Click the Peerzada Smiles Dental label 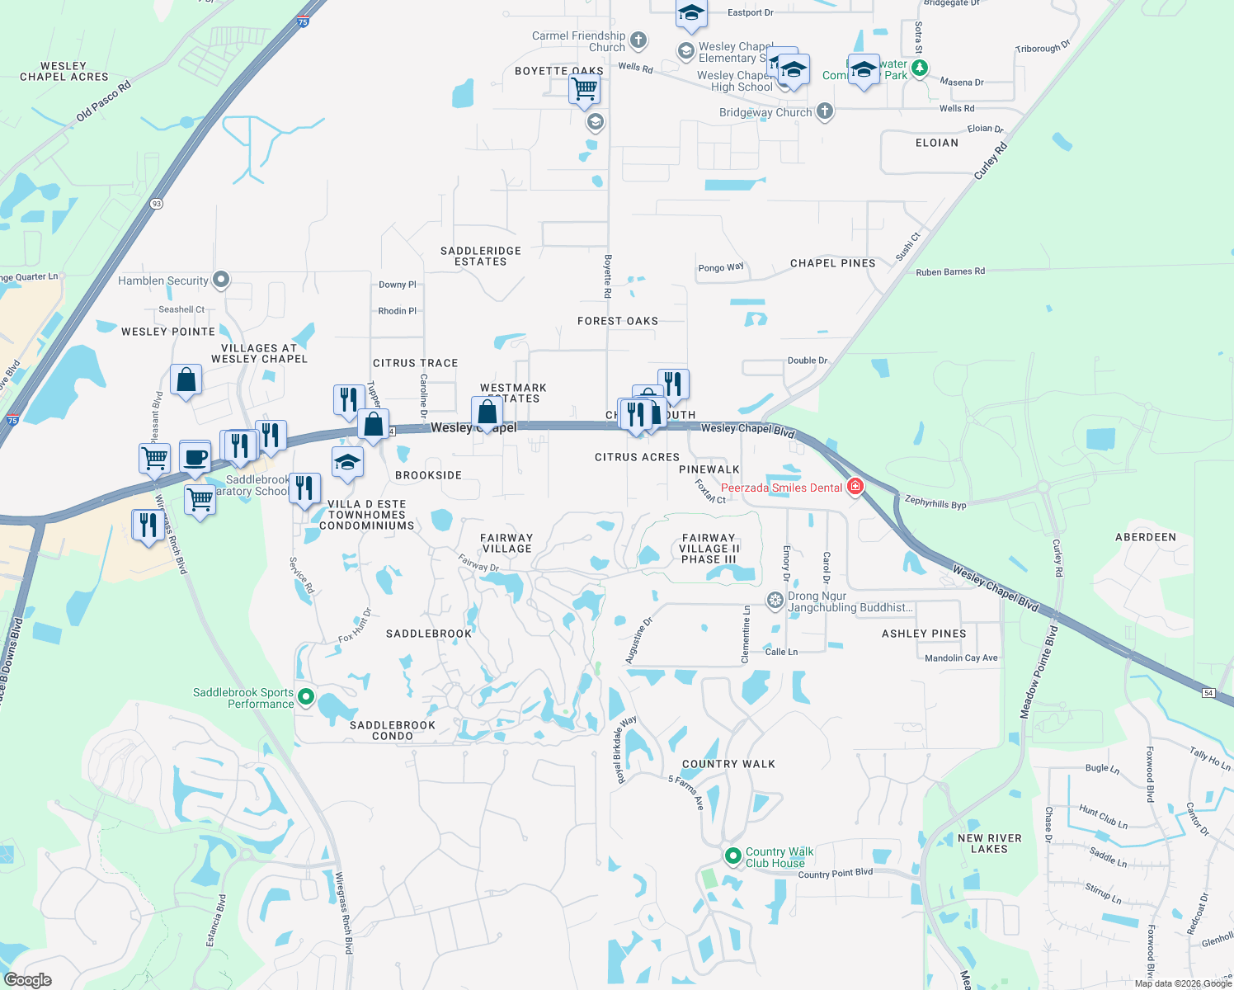pyautogui.click(x=781, y=488)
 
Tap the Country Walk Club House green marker pyautogui.click(x=732, y=856)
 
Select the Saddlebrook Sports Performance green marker pyautogui.click(x=306, y=697)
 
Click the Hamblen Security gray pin pyautogui.click(x=220, y=280)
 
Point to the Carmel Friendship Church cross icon pyautogui.click(x=638, y=40)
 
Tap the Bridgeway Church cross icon pyautogui.click(x=824, y=111)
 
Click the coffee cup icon pyautogui.click(x=195, y=457)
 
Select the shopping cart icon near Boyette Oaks pyautogui.click(x=584, y=87)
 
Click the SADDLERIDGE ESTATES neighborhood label pyautogui.click(x=481, y=256)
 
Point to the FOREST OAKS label pyautogui.click(x=618, y=321)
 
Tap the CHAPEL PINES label pyautogui.click(x=832, y=263)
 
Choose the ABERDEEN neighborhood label pyautogui.click(x=1146, y=537)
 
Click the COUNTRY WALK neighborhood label pyautogui.click(x=728, y=764)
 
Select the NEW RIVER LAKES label pyautogui.click(x=989, y=843)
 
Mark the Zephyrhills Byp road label pyautogui.click(x=935, y=502)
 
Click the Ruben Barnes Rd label pyautogui.click(x=949, y=271)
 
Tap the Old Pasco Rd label pyautogui.click(x=104, y=102)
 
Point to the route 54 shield pyautogui.click(x=1208, y=693)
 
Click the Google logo pyautogui.click(x=28, y=980)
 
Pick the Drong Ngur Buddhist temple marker pyautogui.click(x=775, y=600)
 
